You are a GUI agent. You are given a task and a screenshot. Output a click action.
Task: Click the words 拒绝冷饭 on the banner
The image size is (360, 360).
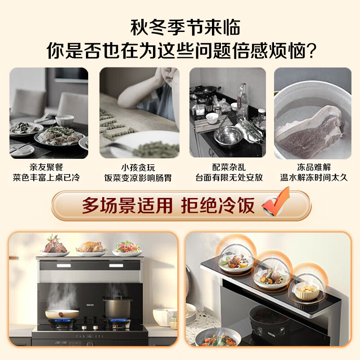217,206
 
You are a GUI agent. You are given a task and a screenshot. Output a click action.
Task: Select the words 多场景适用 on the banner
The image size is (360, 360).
127,206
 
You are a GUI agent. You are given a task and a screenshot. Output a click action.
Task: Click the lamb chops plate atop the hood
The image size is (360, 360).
55,247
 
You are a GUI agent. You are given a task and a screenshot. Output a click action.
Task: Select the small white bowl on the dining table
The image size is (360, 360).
65,120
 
